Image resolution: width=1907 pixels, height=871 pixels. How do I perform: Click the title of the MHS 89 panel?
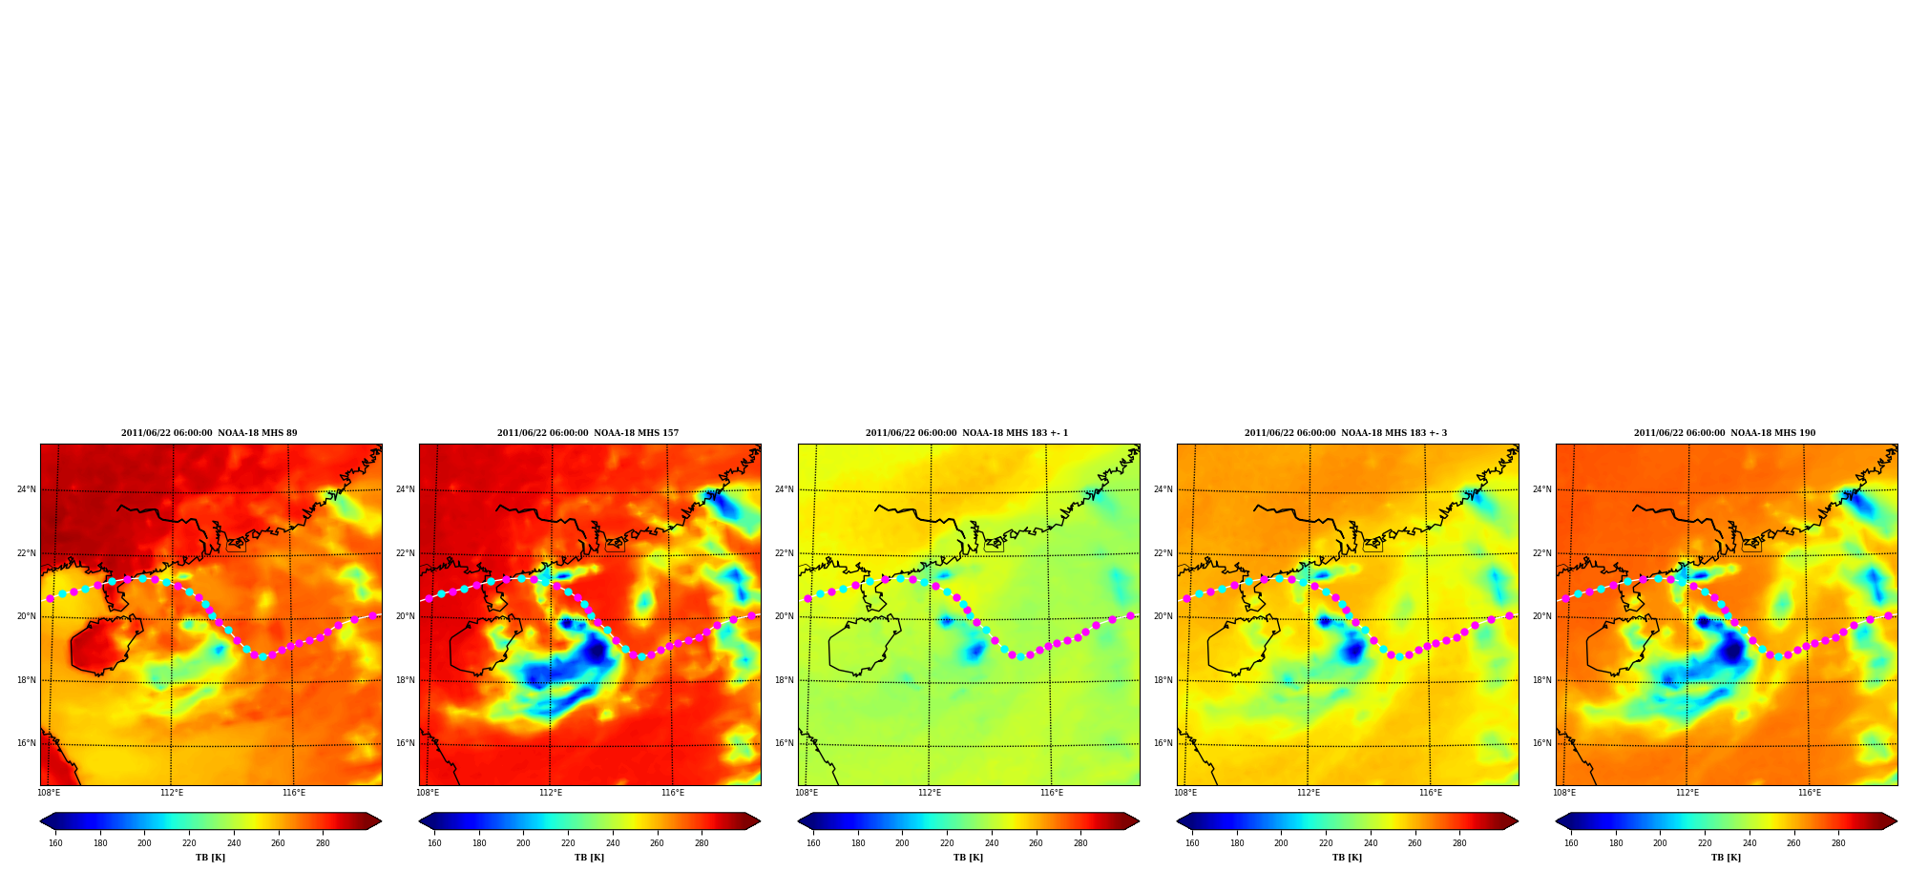pos(209,433)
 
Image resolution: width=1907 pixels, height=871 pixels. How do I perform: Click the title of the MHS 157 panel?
pos(588,433)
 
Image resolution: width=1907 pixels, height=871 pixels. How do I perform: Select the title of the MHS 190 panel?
pos(1725,433)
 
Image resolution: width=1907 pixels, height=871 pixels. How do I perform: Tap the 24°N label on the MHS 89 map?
pos(26,489)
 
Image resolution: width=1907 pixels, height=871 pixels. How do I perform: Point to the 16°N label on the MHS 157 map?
pos(405,743)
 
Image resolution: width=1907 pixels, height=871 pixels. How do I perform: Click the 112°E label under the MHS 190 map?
pos(1687,793)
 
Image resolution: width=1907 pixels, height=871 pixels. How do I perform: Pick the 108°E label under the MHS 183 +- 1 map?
pos(807,793)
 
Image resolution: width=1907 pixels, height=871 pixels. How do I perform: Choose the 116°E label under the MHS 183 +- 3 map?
pos(1431,793)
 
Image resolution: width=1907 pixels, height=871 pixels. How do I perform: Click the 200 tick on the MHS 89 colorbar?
pos(144,842)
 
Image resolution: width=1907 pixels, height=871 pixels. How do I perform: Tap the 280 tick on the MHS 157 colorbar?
pos(702,842)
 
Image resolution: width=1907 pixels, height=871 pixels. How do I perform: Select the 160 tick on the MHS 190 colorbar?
pos(1571,842)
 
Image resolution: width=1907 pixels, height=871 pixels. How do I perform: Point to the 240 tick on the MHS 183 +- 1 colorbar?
pos(992,842)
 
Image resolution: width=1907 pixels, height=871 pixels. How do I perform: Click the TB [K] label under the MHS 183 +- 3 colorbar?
pos(1347,858)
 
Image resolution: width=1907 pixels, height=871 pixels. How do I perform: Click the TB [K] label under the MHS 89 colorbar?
pos(210,858)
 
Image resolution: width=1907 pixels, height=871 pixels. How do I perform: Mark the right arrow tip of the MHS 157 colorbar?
pos(760,821)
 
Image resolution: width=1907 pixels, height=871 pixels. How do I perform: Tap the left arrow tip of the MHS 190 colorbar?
pos(1557,821)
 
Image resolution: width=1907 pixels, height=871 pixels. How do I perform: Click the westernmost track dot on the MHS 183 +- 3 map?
pos(1186,598)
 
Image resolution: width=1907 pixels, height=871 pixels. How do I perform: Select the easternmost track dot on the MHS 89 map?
pos(372,616)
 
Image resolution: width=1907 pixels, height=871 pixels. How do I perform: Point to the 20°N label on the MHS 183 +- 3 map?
pos(1163,616)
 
